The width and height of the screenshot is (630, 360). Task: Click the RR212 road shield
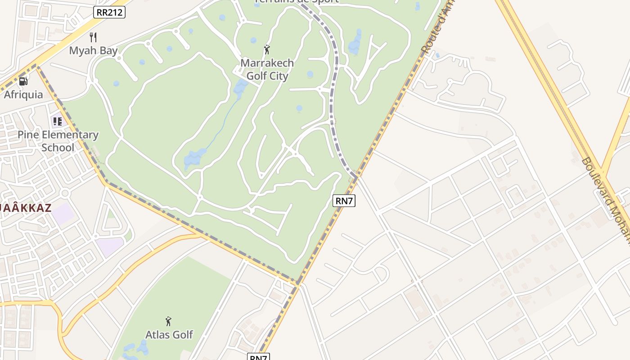click(x=109, y=12)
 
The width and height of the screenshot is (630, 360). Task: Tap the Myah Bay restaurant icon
click(x=93, y=37)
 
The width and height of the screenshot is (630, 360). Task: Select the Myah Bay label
click(x=93, y=50)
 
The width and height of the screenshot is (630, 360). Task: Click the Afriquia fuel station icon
click(x=23, y=81)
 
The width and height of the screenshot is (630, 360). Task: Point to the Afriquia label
click(x=23, y=94)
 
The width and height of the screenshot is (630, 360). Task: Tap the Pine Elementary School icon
click(x=57, y=121)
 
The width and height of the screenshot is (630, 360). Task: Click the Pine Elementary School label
click(x=58, y=141)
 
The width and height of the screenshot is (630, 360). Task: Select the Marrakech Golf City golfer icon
click(x=267, y=49)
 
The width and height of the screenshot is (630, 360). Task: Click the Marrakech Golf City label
click(x=267, y=69)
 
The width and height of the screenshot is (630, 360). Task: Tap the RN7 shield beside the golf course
click(x=344, y=201)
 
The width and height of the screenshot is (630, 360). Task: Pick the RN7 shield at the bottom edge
click(x=258, y=357)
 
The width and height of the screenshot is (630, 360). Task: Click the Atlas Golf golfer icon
click(x=168, y=321)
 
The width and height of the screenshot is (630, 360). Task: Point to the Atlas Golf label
click(x=169, y=334)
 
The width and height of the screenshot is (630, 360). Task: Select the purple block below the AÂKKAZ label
click(x=63, y=214)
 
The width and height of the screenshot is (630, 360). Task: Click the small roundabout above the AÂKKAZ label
click(x=65, y=193)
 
